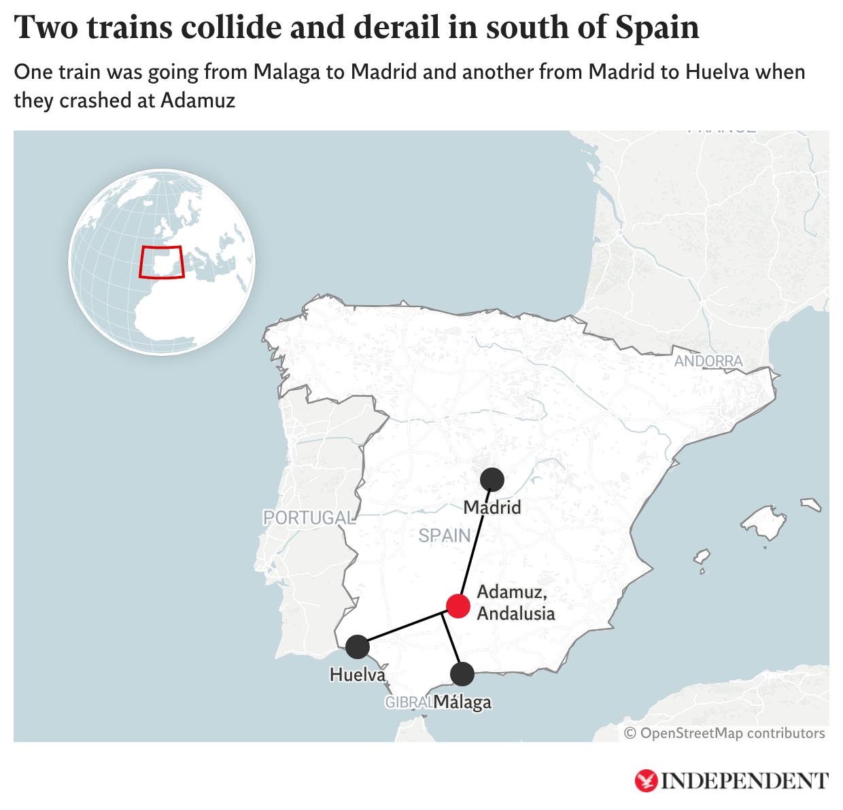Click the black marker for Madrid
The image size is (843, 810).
coord(492,480)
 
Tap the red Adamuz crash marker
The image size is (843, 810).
coord(458,605)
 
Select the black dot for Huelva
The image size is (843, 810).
coord(358,647)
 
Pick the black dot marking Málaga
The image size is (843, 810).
coord(462,674)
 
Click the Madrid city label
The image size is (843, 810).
coord(492,508)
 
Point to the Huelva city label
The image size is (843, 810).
coord(358,675)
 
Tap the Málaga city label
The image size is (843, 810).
coord(462,702)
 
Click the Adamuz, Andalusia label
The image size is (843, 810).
coord(516,603)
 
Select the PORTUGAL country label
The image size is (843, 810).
coord(309,518)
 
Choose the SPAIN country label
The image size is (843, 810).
coord(445,536)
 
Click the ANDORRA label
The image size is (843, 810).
coord(708,362)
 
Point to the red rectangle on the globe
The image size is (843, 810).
coord(161,262)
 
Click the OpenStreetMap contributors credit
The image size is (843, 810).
coord(725,733)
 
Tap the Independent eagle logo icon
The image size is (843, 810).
coord(646,781)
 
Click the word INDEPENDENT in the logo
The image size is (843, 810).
coord(745,781)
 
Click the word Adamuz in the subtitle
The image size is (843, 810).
coord(198,101)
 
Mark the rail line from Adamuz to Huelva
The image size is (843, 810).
coord(401,629)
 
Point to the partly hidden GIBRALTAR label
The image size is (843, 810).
coord(407,703)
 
